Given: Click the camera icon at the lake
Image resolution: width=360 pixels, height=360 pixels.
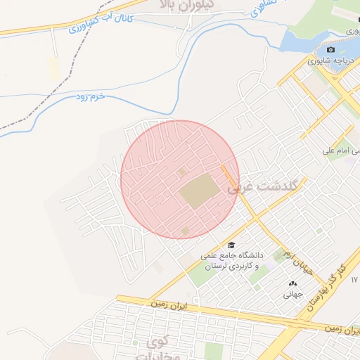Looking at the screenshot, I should tap(330, 50).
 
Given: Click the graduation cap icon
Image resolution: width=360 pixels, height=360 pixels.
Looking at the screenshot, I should tap(231, 245).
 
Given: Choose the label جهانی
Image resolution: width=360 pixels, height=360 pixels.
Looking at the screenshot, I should tap(292, 295).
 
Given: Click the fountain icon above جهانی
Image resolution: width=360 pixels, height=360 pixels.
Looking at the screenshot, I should tap(292, 283).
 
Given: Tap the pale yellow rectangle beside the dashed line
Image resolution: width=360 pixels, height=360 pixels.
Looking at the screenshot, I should tap(53, 68).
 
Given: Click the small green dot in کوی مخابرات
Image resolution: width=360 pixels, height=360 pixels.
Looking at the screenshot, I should tap(136, 343).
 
